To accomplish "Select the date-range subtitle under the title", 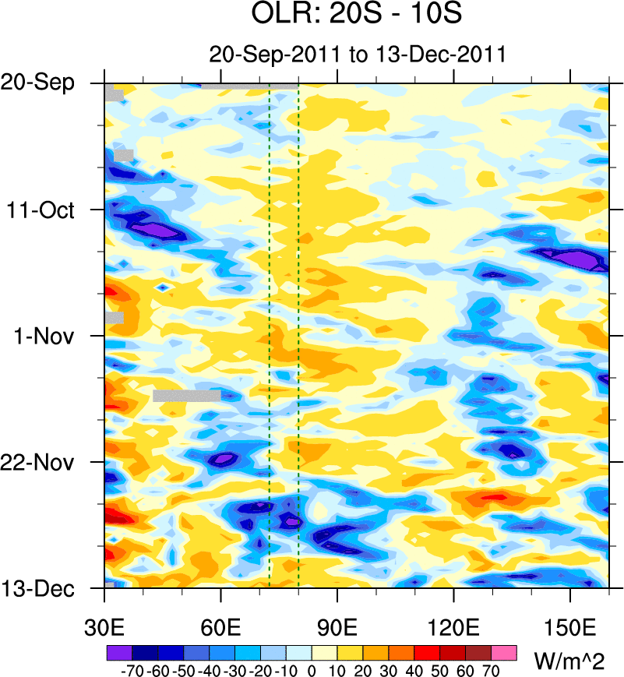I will coord(358,55).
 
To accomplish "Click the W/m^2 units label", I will coord(568,662).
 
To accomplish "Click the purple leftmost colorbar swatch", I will coord(119,650).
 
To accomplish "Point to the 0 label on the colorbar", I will coord(312,668).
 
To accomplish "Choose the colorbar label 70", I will coord(492,668).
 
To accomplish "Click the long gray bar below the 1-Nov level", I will coord(187,395).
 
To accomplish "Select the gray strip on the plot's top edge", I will coord(249,86).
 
